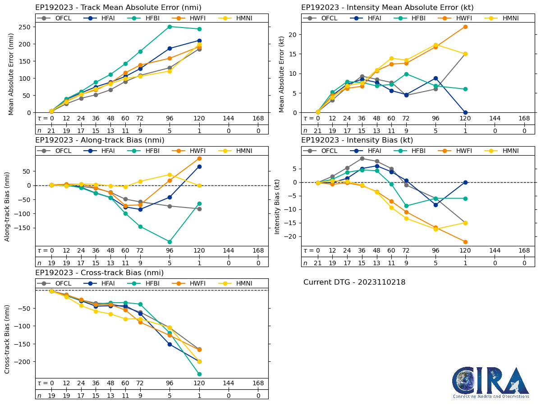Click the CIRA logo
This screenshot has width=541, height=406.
[491, 382]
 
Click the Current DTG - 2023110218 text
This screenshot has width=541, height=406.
[354, 282]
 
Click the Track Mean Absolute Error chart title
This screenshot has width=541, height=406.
[118, 7]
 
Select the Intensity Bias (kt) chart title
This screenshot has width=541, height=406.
[357, 140]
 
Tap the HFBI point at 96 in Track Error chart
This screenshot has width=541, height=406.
[170, 27]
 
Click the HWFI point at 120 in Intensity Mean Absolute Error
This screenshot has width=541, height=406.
[465, 27]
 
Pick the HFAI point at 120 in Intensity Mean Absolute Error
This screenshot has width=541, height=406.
[465, 112]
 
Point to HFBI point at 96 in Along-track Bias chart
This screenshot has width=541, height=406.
[170, 242]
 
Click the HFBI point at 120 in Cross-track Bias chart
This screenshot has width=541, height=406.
[199, 374]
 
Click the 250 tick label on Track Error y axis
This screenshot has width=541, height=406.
[25, 27]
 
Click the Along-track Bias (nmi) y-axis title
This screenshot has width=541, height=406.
[8, 207]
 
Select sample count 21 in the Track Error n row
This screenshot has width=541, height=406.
[51, 130]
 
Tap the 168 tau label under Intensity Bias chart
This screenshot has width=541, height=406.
[524, 251]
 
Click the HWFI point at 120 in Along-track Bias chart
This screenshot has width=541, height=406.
[199, 158]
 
